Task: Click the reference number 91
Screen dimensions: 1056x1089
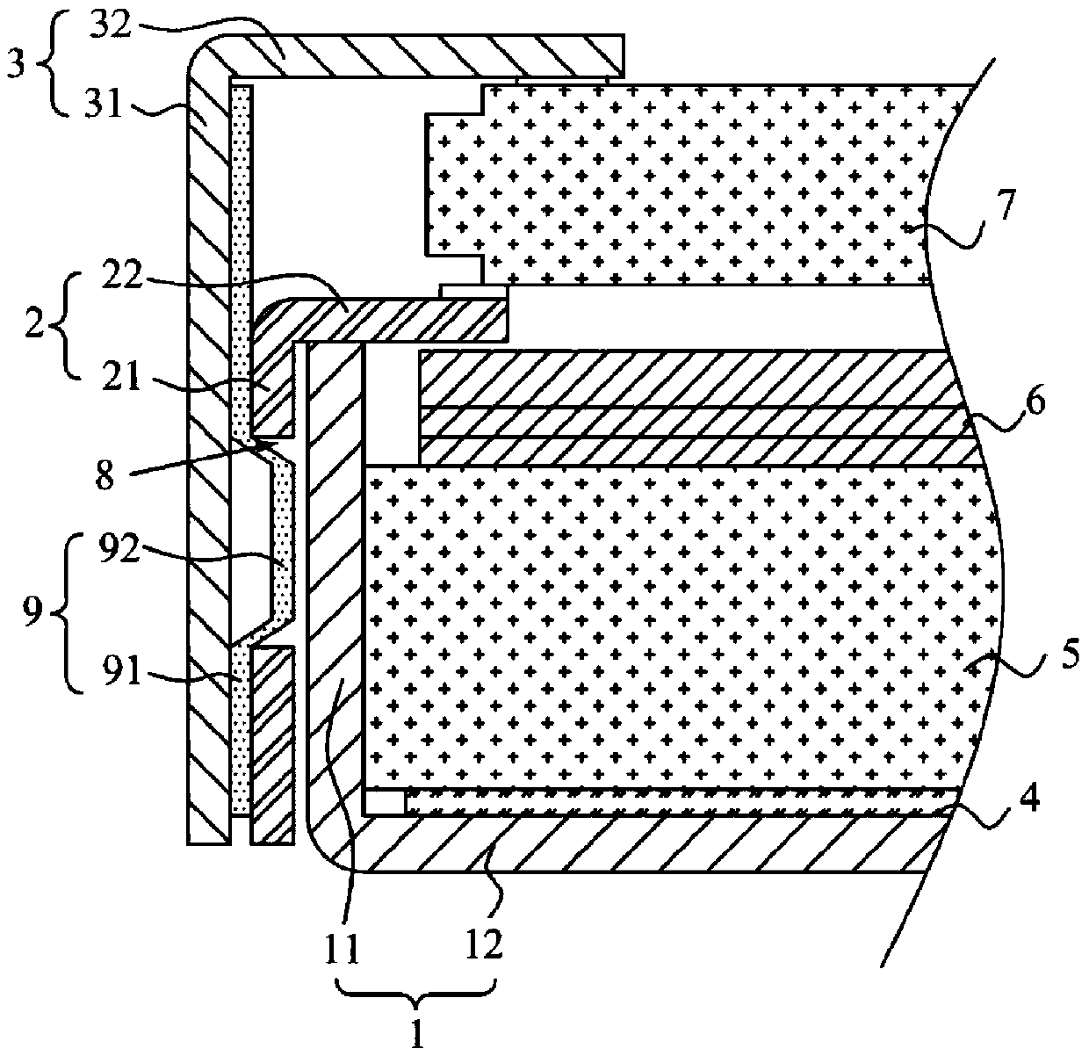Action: click(111, 677)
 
